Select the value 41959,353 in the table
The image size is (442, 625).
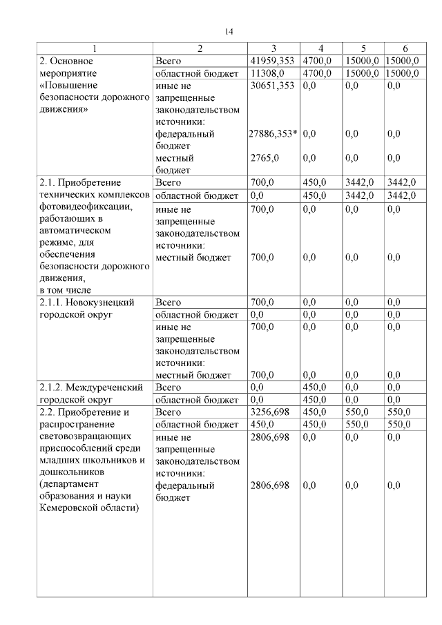[x=272, y=61]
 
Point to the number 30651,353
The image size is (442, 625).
[x=272, y=86]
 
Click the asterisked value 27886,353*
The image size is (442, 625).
[x=273, y=134]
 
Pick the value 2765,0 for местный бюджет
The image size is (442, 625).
[x=264, y=158]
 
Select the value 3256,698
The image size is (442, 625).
[x=269, y=412]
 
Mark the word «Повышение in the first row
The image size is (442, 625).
[x=67, y=86]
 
